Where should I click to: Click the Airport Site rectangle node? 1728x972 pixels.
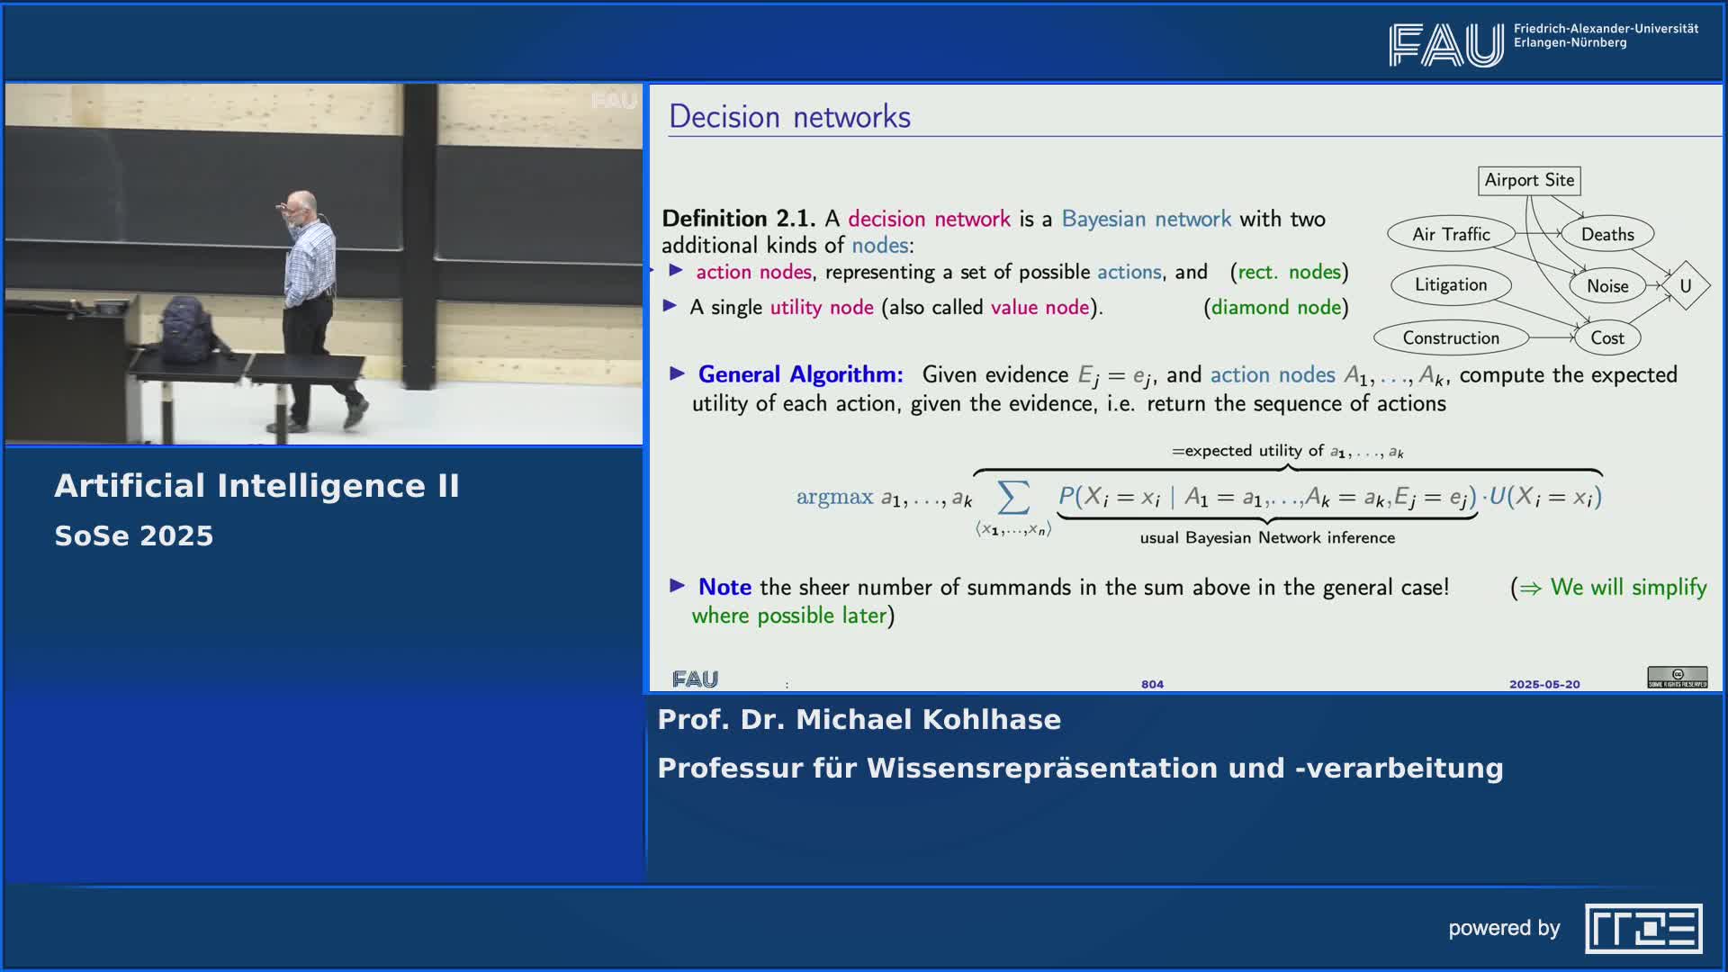[x=1529, y=180]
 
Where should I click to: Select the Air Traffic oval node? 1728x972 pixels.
[x=1451, y=234]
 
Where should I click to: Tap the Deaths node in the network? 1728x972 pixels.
[x=1607, y=234]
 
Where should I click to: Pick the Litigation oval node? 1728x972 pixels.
[x=1451, y=284]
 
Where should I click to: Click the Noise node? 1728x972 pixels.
[x=1607, y=286]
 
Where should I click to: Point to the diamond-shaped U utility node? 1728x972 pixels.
[x=1685, y=286]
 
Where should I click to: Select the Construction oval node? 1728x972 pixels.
[x=1451, y=337]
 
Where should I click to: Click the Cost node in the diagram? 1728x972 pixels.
[x=1607, y=337]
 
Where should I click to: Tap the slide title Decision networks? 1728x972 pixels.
[x=789, y=117]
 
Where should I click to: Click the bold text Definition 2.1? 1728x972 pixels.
[x=738, y=219]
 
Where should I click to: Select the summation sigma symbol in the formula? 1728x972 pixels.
[x=1012, y=496]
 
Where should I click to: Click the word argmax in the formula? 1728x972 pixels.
[x=834, y=497]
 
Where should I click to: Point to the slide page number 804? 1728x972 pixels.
[x=1152, y=684]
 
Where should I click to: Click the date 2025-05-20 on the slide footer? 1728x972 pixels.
[x=1544, y=684]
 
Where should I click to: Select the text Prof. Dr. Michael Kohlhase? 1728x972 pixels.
[x=859, y=719]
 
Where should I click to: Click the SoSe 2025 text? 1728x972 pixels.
[x=134, y=535]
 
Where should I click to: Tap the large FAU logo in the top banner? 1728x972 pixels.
[x=1445, y=45]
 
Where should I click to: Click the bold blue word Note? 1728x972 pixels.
[x=724, y=587]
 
